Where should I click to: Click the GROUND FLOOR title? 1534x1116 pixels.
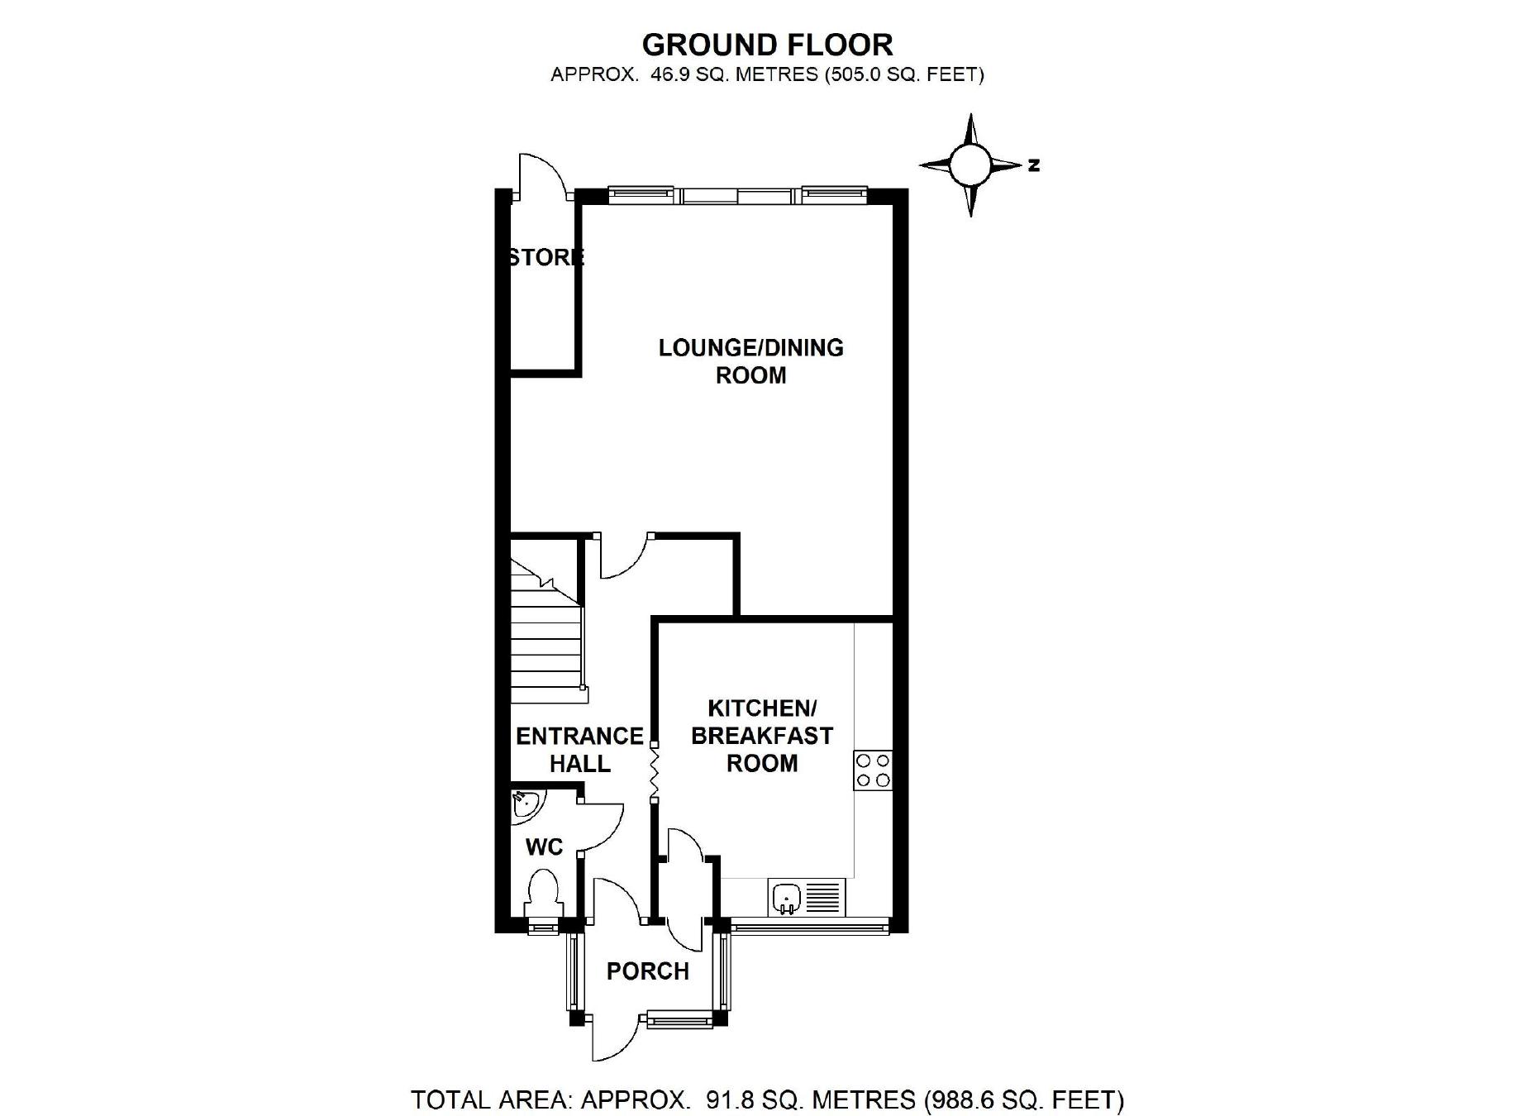click(x=767, y=44)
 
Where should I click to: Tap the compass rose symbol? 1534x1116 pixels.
click(x=969, y=165)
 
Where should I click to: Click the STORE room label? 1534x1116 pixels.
click(x=545, y=257)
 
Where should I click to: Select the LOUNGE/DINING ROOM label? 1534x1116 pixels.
click(x=750, y=361)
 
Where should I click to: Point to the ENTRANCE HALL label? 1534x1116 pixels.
click(x=579, y=750)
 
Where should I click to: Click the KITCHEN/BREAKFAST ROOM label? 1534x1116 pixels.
click(x=762, y=736)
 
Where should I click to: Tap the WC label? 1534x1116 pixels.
click(x=544, y=847)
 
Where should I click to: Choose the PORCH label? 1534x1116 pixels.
click(x=647, y=971)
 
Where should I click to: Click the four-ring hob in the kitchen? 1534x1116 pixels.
click(x=873, y=770)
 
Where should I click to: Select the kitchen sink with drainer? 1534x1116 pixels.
click(x=807, y=897)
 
